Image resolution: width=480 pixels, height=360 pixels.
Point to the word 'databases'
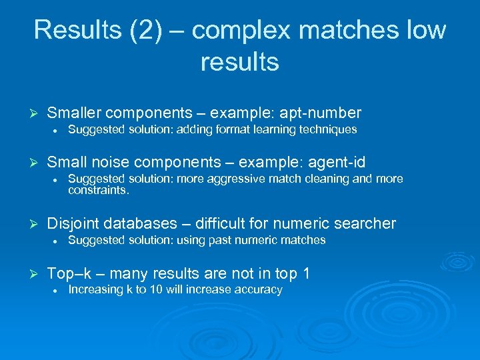(141, 223)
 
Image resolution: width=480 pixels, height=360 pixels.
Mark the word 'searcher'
(366, 223)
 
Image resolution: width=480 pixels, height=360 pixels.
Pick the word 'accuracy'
(260, 290)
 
